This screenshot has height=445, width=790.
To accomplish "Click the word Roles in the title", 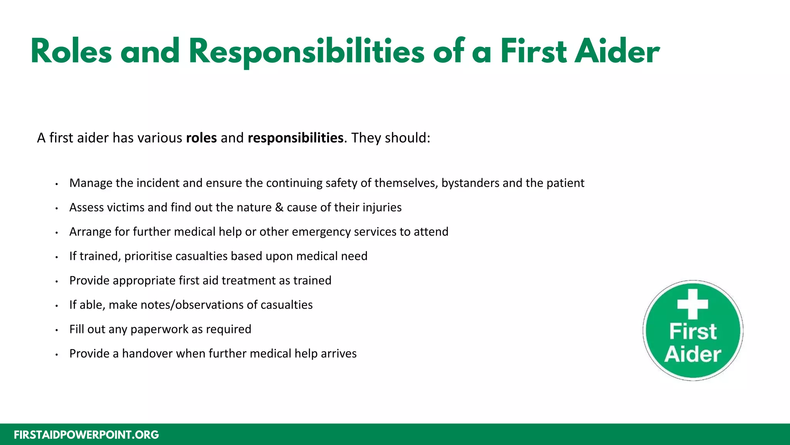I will pos(71,51).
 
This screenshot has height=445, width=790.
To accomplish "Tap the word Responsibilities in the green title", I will pos(306,51).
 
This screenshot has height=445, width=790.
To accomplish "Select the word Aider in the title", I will pos(617,51).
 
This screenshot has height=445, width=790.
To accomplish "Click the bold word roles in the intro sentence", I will pos(201,138).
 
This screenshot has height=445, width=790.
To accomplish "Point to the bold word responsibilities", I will pos(295,138).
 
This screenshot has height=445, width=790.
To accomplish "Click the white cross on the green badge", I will pos(693,304).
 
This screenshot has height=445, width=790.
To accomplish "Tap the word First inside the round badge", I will pos(693,331).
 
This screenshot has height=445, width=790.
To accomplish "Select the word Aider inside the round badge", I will pos(693,355).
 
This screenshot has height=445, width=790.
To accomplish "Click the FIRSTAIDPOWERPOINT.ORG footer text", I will pos(86,435).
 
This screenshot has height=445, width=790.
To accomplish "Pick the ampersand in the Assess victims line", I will pos(279,207).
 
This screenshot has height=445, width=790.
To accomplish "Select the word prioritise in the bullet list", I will pos(148,256).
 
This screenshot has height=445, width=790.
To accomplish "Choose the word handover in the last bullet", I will pos(147,353).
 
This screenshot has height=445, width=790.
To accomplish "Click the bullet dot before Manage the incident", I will pos(56,184).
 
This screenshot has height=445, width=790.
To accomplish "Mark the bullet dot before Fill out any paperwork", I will pos(56,330).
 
